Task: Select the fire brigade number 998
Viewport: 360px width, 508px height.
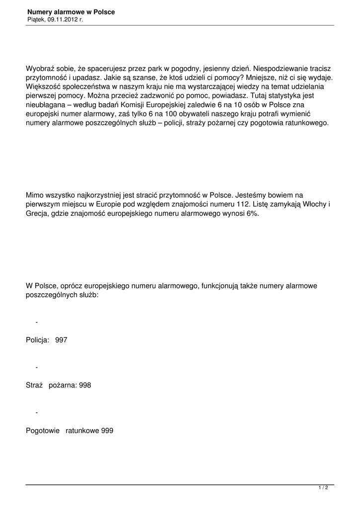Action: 85,385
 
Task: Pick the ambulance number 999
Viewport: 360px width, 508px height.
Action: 107,431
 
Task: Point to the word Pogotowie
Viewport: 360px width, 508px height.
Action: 43,431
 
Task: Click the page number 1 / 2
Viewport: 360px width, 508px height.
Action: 323,488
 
